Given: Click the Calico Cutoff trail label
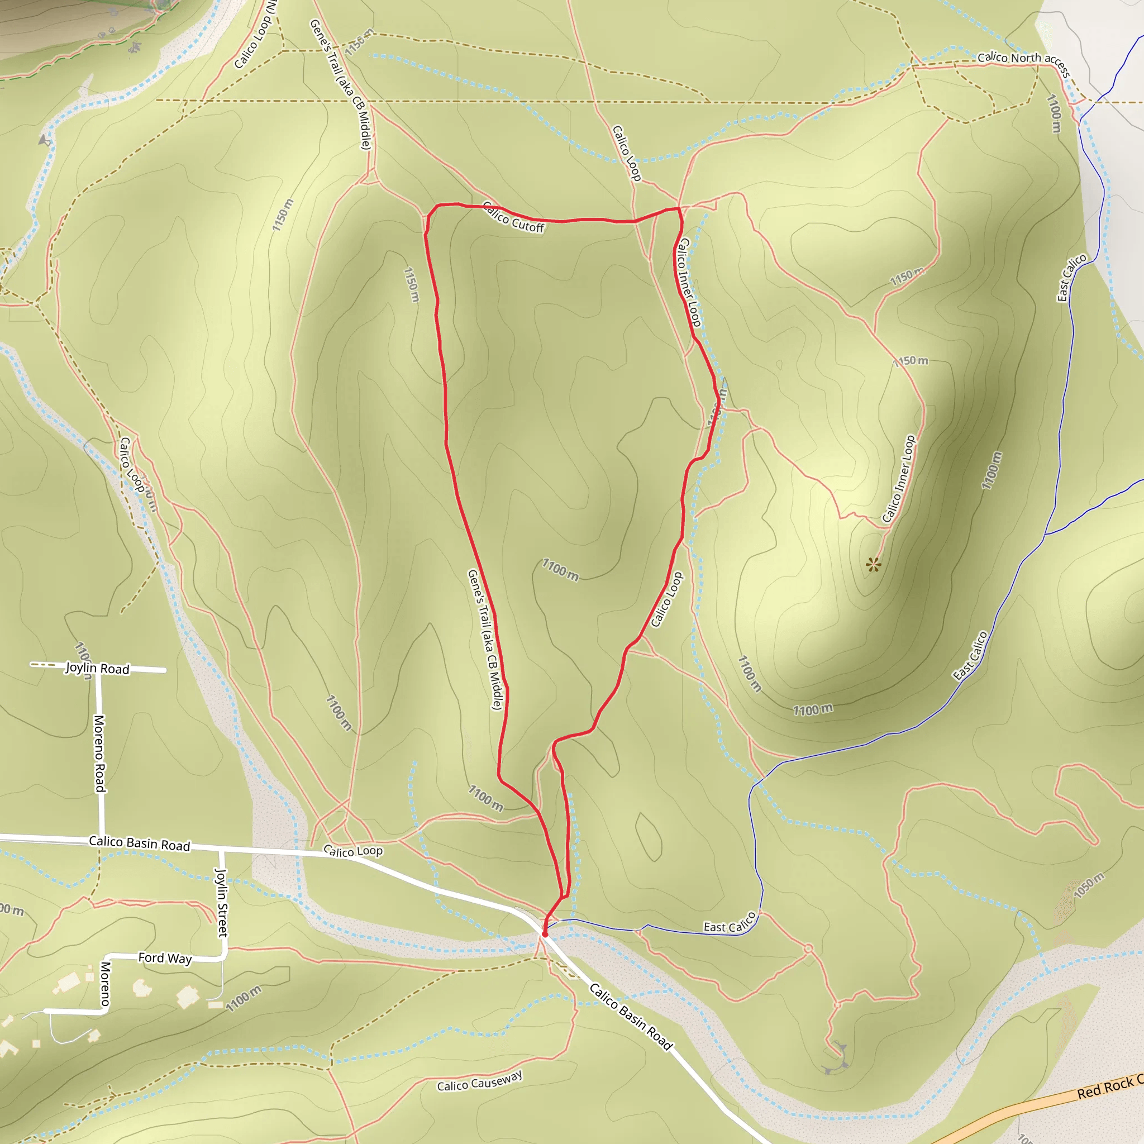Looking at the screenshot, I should (513, 217).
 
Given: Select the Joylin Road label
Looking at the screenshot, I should (97, 668).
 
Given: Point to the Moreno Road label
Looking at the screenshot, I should (99, 753).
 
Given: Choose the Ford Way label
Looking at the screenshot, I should (165, 958).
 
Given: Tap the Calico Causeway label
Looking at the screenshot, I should (480, 1081).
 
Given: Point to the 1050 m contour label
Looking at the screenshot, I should (1089, 886).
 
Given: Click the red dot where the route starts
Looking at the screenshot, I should (545, 935).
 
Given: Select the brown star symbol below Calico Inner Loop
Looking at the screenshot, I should (873, 564).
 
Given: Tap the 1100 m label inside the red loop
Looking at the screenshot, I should (560, 570).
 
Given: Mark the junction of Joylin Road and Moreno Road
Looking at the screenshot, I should (99, 670).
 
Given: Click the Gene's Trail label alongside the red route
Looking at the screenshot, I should (485, 640).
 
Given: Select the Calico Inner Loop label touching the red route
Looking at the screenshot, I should (689, 283).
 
